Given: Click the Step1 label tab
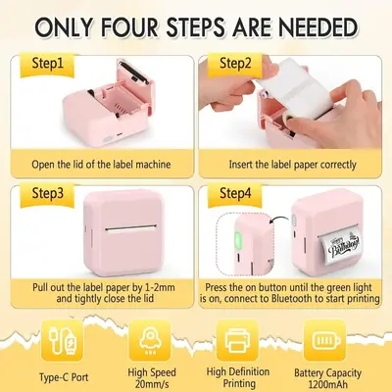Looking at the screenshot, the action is pyautogui.click(x=48, y=65).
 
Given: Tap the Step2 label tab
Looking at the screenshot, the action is pyautogui.click(x=235, y=65).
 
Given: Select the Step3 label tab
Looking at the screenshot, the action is pyautogui.click(x=48, y=195).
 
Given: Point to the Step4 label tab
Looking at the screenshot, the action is pyautogui.click(x=235, y=195).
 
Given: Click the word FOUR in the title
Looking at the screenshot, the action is pyautogui.click(x=130, y=27).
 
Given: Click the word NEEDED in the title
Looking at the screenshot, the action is pyautogui.click(x=318, y=27).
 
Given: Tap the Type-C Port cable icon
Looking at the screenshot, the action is pyautogui.click(x=62, y=340).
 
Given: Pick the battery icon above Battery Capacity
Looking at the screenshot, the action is pyautogui.click(x=325, y=340).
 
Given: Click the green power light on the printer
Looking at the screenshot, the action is pyautogui.click(x=237, y=241).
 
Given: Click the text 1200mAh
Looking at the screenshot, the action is pyautogui.click(x=327, y=384).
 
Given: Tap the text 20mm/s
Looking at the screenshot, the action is pyautogui.click(x=152, y=383).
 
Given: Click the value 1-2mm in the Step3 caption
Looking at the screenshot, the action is pyautogui.click(x=160, y=288).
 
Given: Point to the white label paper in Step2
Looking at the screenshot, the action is pyautogui.click(x=294, y=89).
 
